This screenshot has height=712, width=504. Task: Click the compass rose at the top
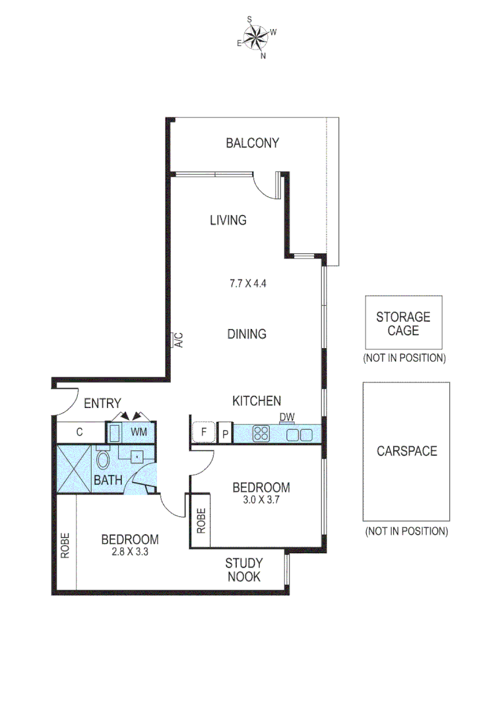tap(257, 38)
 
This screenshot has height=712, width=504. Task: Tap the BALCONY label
tap(252, 142)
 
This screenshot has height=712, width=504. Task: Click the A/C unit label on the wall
tap(177, 340)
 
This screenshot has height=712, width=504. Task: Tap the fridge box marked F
tap(203, 433)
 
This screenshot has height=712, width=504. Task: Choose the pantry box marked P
tap(225, 433)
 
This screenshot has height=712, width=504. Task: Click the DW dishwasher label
tap(286, 417)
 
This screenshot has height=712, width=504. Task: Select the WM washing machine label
tap(139, 432)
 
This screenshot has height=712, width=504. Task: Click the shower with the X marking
tap(74, 469)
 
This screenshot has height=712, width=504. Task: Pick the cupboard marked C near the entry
tap(80, 432)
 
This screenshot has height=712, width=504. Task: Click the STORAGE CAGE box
tap(403, 322)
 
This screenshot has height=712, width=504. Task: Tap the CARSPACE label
tap(406, 452)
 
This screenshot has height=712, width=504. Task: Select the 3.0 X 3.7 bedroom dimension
tap(261, 499)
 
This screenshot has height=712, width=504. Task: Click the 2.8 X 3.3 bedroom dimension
tap(129, 552)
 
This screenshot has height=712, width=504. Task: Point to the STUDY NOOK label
tap(243, 570)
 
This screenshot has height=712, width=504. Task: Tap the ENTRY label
tap(102, 403)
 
